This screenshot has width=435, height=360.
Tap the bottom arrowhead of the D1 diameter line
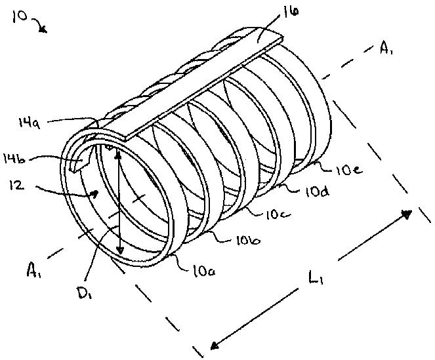(x=120, y=252)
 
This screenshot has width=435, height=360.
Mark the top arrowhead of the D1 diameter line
(x=117, y=155)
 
